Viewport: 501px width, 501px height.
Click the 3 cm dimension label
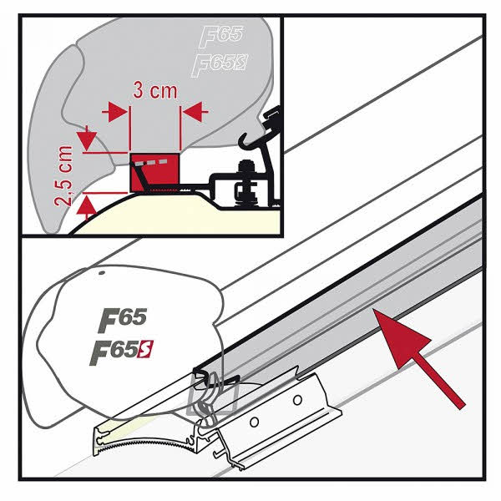coord(154,90)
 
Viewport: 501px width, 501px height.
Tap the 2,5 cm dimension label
coord(63,175)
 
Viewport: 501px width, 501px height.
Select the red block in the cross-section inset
coord(154,173)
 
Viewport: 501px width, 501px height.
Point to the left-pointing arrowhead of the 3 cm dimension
coord(193,112)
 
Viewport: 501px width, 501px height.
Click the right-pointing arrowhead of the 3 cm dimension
coord(118,112)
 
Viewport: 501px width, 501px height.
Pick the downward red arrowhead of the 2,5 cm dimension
coord(87,141)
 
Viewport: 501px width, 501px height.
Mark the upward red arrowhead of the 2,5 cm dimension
coord(87,206)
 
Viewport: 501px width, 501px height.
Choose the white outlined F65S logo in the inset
coord(219,64)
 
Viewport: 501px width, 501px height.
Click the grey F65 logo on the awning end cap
coord(123,319)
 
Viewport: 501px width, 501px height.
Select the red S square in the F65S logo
coord(145,349)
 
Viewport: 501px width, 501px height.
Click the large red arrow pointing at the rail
coord(419,358)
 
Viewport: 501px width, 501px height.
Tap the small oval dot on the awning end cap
coord(102,273)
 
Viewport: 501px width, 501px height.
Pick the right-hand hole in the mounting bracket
coord(297,400)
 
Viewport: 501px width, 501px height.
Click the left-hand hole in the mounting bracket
coord(255,423)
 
